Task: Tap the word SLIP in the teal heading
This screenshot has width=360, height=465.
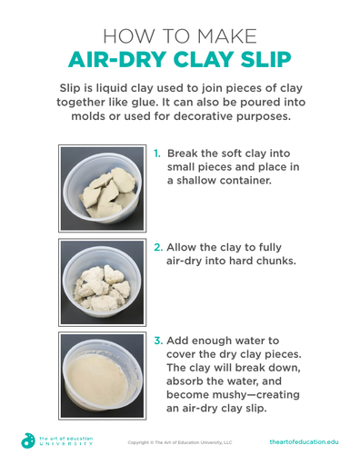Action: pos(265,59)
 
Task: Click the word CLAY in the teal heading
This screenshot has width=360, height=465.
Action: pos(204,59)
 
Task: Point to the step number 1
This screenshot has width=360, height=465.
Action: pos(157,153)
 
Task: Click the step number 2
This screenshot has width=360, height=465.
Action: pos(158,247)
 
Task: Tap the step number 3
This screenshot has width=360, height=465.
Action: pos(158,341)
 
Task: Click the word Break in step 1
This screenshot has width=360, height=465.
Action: pos(182,153)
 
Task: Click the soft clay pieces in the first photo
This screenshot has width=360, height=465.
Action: pos(108,193)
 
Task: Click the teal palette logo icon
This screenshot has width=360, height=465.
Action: pos(28,440)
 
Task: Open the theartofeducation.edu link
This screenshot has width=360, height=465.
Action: pos(304,442)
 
